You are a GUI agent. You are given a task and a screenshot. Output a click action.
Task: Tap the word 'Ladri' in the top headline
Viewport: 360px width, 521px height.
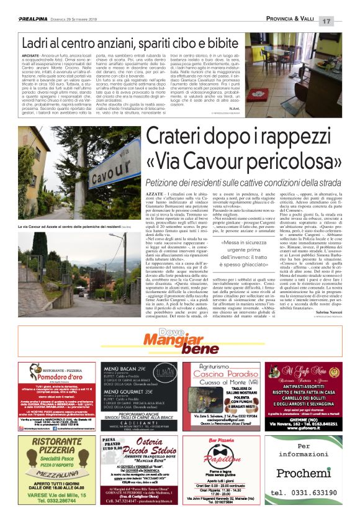coord(38,45)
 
